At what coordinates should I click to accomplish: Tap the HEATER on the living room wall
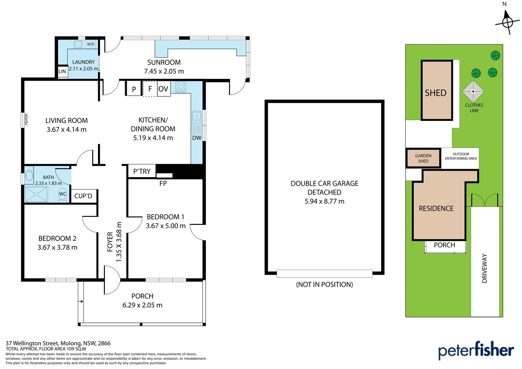pos(26,120)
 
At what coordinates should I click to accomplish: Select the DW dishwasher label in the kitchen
pos(197,138)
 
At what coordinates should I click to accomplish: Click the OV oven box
pos(164,89)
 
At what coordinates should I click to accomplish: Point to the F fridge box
pos(150,89)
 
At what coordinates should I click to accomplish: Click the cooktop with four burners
pos(181,87)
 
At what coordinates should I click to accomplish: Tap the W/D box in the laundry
pos(91,44)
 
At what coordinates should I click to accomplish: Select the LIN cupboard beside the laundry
pos(62,71)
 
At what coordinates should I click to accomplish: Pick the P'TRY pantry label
pos(142,171)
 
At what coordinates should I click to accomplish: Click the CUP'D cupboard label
pos(83,196)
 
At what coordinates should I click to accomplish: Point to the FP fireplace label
pos(163,183)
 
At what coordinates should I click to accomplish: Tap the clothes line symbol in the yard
pos(473,91)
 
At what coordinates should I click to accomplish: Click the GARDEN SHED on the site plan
pos(423,158)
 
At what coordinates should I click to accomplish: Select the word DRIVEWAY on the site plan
pos(484,268)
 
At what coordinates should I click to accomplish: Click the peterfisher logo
pos(476,350)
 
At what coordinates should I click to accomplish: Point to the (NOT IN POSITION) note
pos(324,284)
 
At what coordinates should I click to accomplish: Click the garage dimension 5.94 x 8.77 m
pos(324,201)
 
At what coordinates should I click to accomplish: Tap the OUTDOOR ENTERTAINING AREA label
pos(461,156)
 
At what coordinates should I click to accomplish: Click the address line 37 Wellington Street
pos(58,343)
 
